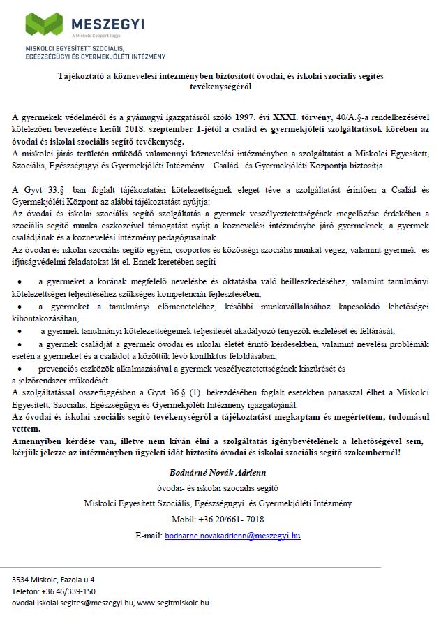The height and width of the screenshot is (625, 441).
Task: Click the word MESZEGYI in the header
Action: point(107,23)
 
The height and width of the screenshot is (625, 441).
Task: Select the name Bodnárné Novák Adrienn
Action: point(220,473)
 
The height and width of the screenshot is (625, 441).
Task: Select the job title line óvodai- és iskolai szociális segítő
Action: point(220,489)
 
